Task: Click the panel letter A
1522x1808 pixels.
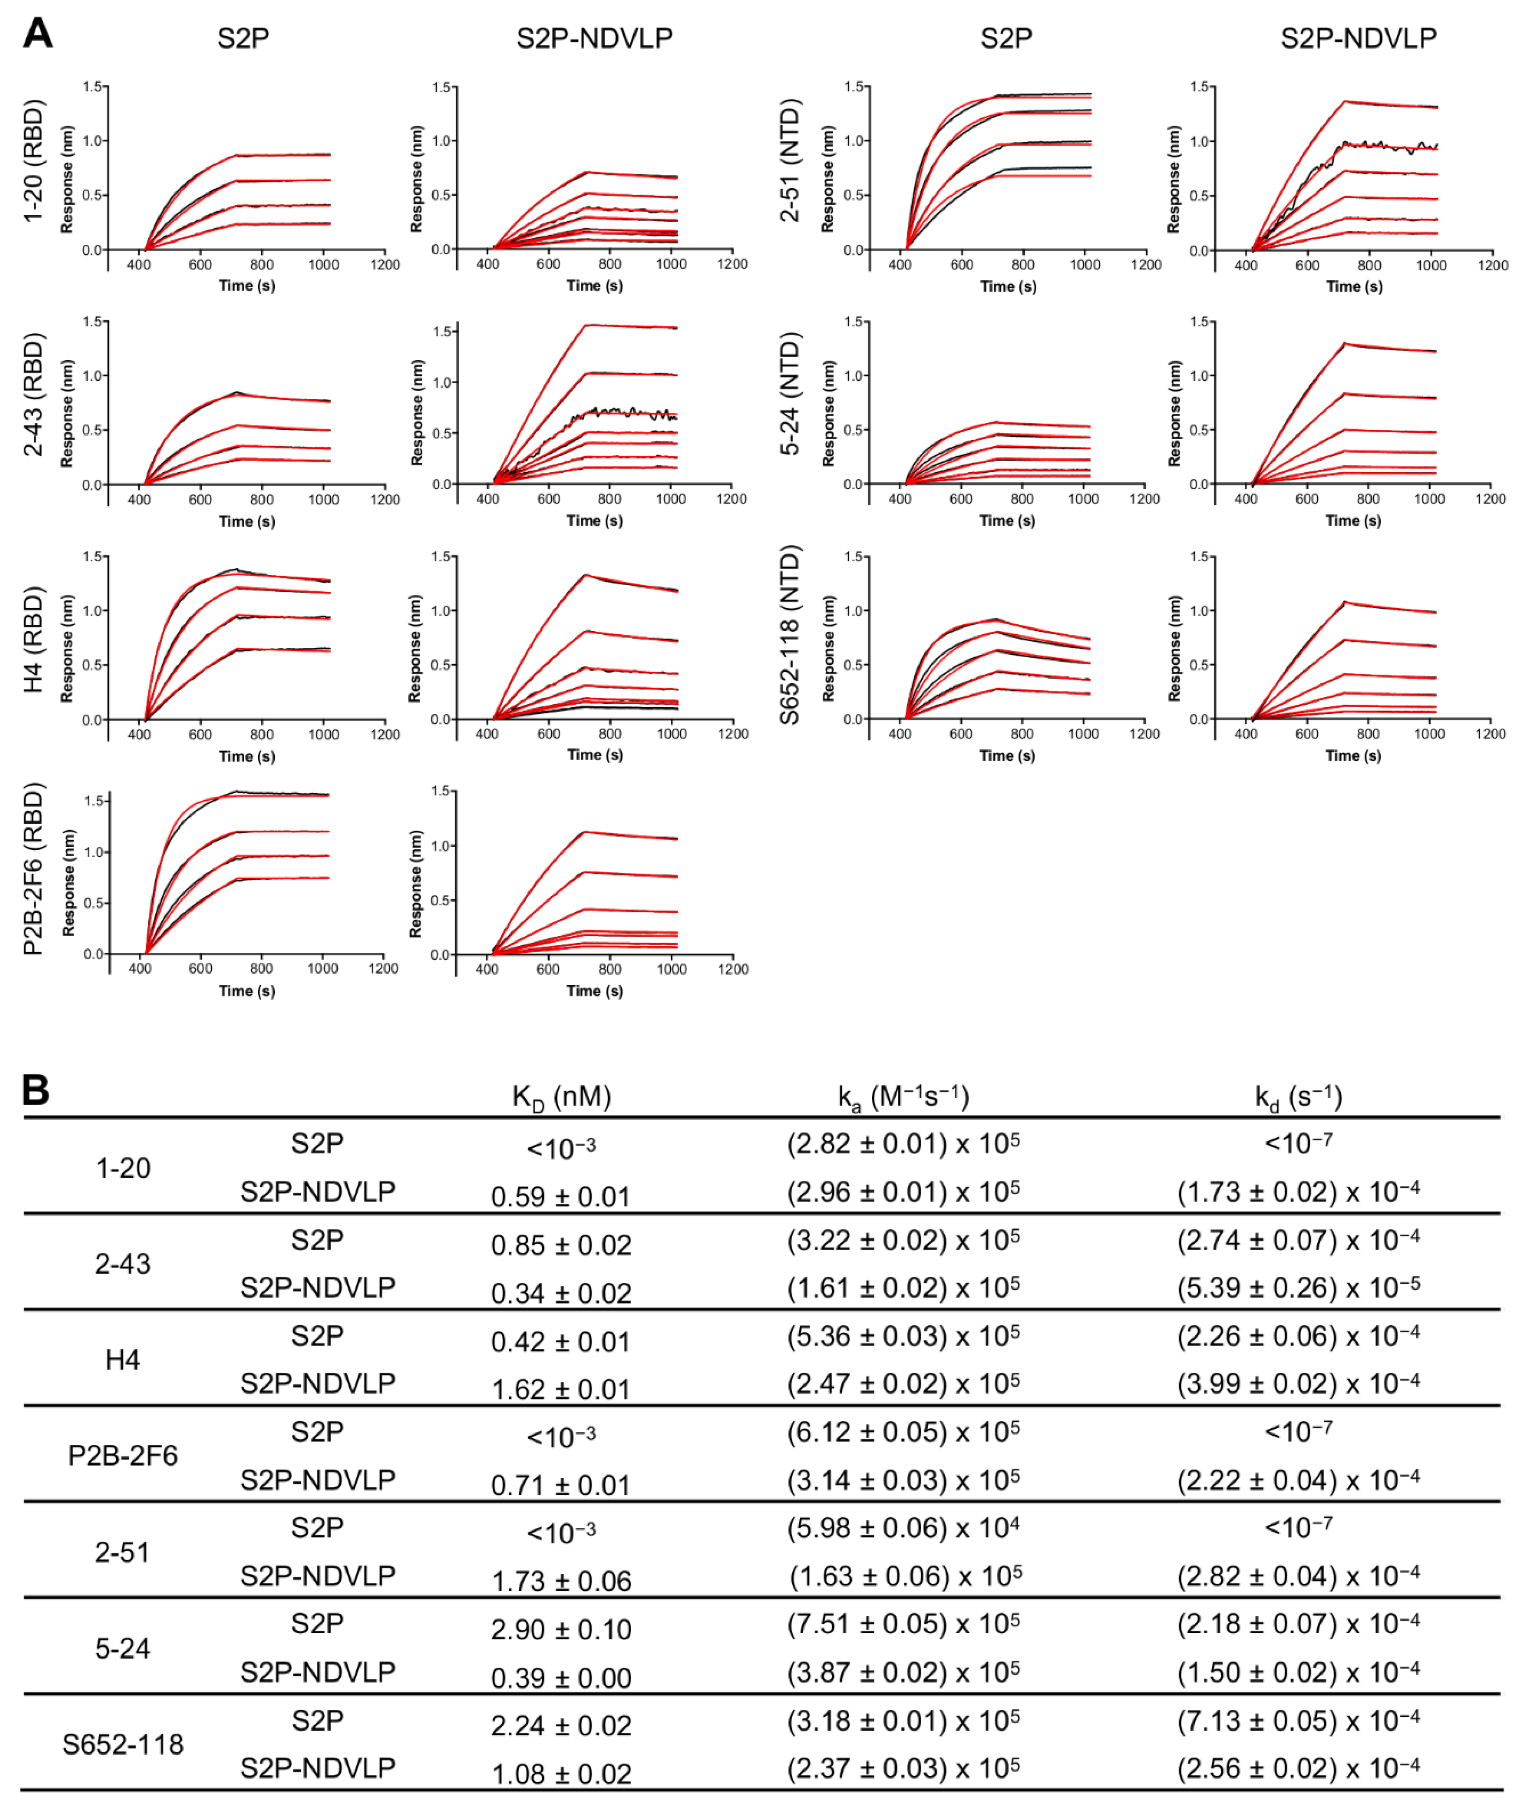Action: click(38, 34)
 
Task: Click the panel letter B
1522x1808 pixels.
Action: click(36, 1090)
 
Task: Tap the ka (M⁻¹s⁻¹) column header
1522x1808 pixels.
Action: click(903, 1097)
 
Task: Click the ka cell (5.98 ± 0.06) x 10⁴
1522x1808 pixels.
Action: click(903, 1527)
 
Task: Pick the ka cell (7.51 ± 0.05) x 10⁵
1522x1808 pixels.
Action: click(903, 1623)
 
